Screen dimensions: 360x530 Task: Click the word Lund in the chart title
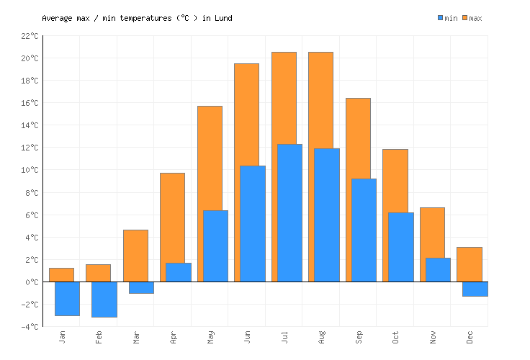click(x=223, y=18)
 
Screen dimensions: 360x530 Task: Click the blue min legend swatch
click(x=441, y=18)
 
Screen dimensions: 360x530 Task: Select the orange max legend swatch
click(x=465, y=18)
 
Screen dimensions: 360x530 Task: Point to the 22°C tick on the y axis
click(x=29, y=35)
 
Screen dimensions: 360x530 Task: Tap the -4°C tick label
click(x=29, y=327)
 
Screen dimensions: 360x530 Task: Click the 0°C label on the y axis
click(x=31, y=282)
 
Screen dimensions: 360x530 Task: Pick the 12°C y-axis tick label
click(x=29, y=148)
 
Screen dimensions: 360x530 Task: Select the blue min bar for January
click(x=67, y=298)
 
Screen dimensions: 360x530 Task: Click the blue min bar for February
click(x=104, y=299)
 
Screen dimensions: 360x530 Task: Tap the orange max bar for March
click(x=135, y=256)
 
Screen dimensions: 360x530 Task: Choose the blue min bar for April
click(x=179, y=272)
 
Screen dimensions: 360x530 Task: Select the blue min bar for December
click(x=475, y=289)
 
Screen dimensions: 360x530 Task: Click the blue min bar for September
click(x=364, y=230)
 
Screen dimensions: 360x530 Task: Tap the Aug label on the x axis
click(x=322, y=337)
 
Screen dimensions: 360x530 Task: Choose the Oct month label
click(x=396, y=337)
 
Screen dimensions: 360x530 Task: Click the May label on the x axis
click(x=211, y=337)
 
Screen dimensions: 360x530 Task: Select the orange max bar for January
click(x=61, y=274)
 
